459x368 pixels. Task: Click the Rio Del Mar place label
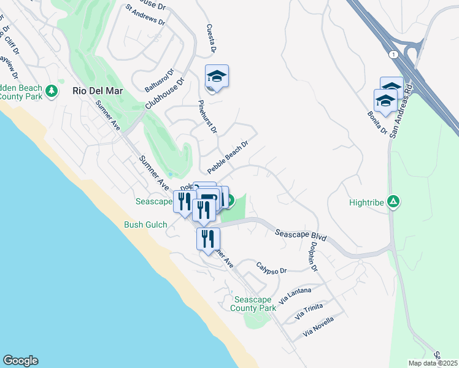pos(98,91)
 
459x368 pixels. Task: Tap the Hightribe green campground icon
pos(394,201)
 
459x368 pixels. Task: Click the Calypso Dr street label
pos(272,269)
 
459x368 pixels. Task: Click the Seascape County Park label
pos(255,304)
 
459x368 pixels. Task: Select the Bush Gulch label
pos(145,224)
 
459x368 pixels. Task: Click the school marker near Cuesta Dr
pos(217,77)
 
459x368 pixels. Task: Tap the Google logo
pos(20,361)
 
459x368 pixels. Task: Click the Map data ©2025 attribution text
pos(432,363)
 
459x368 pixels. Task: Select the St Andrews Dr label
pos(145,16)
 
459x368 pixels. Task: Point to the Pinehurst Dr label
pos(208,117)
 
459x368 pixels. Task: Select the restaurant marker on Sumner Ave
pos(209,237)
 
